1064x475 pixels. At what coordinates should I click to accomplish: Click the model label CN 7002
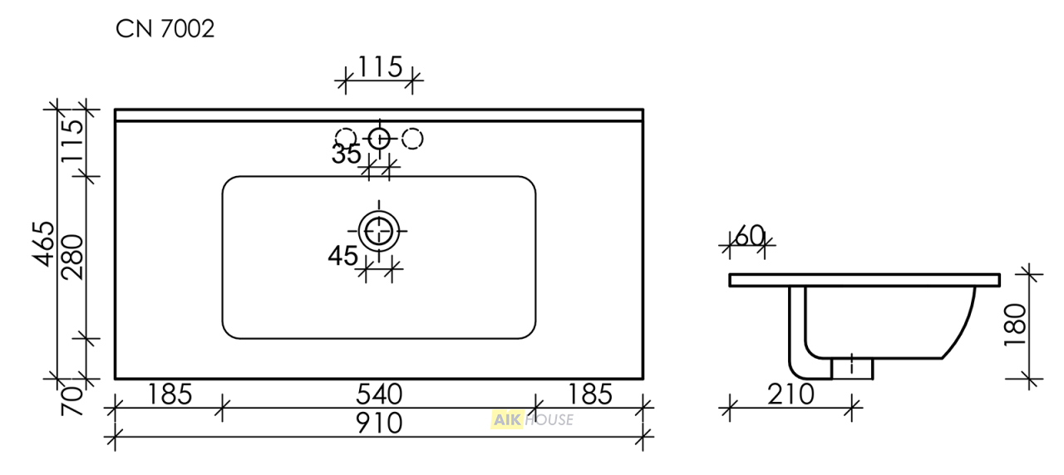(165, 29)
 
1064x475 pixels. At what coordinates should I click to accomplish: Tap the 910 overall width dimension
(379, 424)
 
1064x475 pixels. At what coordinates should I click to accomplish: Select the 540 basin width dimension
(379, 394)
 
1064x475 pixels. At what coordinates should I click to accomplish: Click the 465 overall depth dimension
(44, 244)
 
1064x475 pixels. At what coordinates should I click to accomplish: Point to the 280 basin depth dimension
(72, 257)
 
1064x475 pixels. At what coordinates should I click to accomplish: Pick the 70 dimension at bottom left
(72, 401)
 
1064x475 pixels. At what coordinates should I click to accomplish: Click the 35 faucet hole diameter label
(346, 154)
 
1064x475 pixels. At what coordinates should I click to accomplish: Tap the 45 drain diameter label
(342, 256)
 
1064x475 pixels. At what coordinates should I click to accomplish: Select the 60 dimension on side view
(750, 236)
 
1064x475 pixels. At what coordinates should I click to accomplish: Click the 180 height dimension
(1016, 326)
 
